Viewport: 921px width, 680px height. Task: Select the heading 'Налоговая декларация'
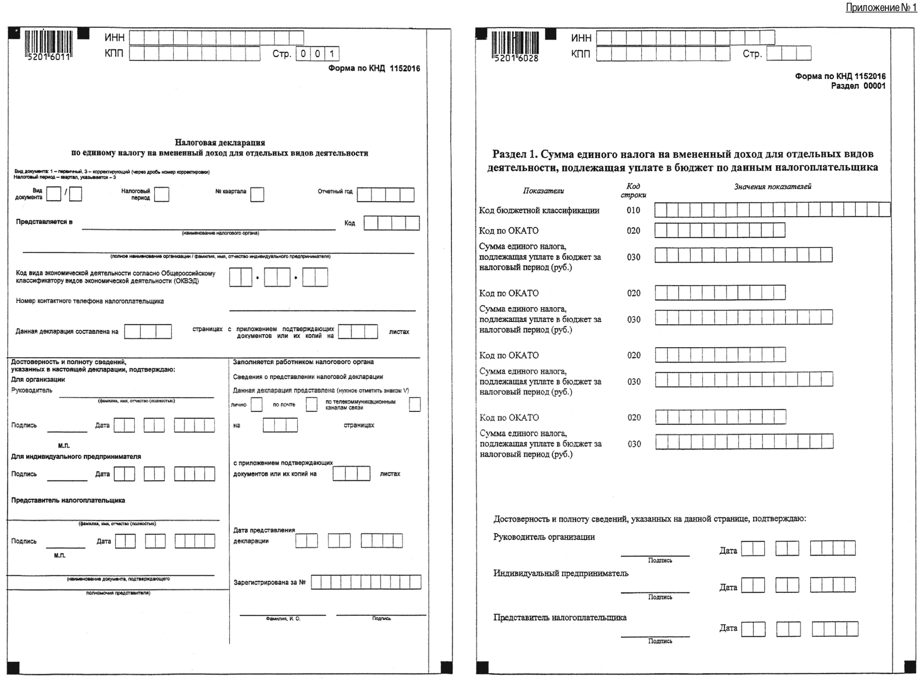pos(220,142)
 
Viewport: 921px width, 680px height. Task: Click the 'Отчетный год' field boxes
pos(386,195)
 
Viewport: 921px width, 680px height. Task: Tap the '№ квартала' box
pos(257,195)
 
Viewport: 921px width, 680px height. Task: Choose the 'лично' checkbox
pos(256,405)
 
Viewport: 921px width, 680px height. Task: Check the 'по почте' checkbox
pos(312,405)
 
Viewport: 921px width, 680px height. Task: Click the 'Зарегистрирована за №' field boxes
pos(366,582)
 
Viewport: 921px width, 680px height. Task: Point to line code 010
pos(634,211)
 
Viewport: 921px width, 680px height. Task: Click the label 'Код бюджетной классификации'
pos(539,211)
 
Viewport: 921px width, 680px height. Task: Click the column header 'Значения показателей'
pos(772,186)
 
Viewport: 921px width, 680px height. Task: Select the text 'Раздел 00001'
pos(858,86)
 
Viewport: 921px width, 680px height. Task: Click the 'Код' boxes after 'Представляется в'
pos(392,223)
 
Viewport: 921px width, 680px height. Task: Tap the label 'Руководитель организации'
pos(544,537)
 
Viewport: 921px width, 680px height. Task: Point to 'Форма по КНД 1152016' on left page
pos(374,69)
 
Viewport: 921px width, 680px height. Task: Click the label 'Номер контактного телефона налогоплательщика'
pos(90,301)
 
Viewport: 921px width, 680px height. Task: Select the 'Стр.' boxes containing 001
pos(318,54)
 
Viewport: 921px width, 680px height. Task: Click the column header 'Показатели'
pos(543,191)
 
